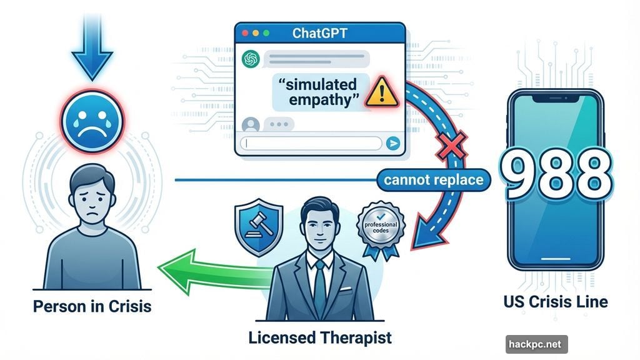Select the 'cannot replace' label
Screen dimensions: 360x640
click(433, 180)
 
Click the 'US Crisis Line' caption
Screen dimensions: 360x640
click(555, 302)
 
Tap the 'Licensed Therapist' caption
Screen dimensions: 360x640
click(320, 338)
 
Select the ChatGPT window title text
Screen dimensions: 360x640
click(320, 32)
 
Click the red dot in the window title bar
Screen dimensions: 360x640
click(244, 32)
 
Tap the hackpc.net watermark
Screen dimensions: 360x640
click(536, 344)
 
